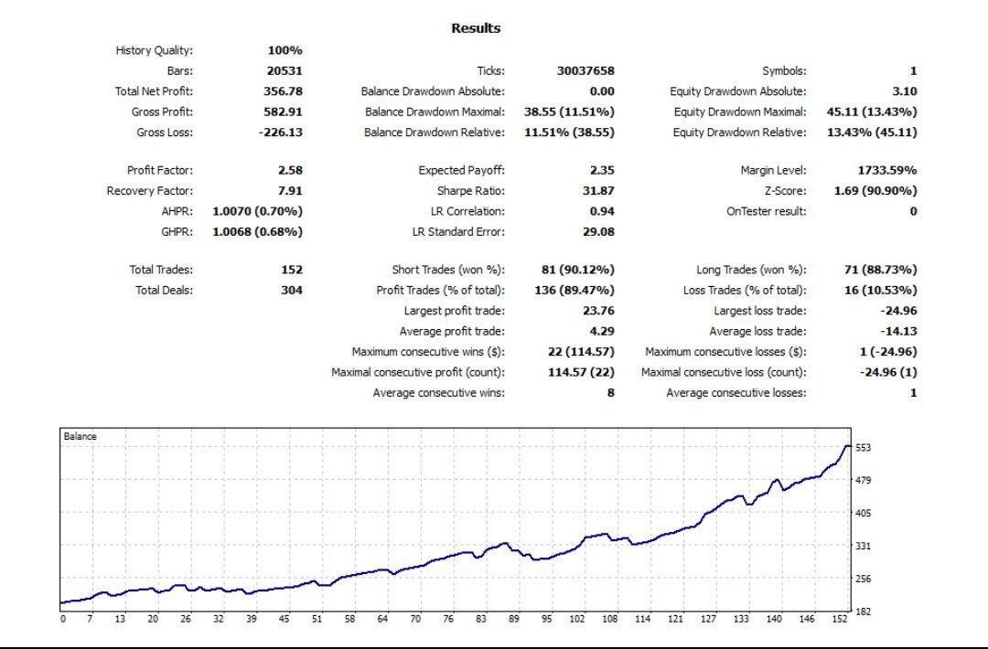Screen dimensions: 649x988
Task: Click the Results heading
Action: (476, 28)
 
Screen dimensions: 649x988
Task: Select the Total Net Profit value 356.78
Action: (284, 91)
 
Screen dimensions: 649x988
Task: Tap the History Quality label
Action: (155, 50)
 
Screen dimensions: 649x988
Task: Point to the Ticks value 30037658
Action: (585, 70)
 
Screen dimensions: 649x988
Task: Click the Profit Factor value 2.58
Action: (290, 170)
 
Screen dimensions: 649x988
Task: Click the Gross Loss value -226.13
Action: (280, 133)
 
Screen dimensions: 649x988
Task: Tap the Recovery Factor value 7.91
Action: (290, 191)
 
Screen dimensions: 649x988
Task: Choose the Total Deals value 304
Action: (292, 291)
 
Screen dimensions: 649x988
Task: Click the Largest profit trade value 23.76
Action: (599, 311)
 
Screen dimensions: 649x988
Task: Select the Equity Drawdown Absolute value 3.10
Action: (904, 91)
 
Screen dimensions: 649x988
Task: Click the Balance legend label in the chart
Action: (80, 437)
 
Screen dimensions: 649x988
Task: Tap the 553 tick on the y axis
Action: (863, 448)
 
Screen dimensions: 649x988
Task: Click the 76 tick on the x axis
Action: (448, 620)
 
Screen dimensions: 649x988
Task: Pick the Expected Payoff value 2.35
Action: (602, 170)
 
